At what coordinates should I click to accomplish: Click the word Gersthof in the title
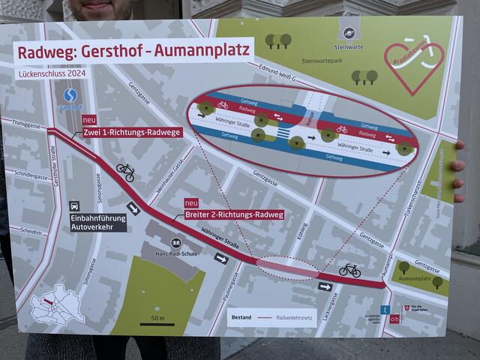(111, 52)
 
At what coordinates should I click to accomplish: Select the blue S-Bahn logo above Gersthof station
(70, 95)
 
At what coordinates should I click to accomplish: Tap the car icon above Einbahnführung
(74, 205)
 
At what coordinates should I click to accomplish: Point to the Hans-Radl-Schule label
(175, 252)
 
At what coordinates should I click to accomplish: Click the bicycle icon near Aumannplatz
(349, 270)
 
